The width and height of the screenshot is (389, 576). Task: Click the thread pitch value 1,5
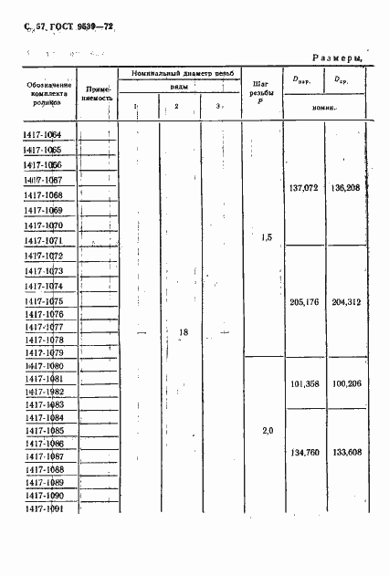pyautogui.click(x=266, y=238)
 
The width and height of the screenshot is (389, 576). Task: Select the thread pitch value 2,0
pyautogui.click(x=266, y=431)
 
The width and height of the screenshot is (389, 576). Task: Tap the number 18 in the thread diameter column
pyautogui.click(x=183, y=333)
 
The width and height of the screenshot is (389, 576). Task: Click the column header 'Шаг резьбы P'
pyautogui.click(x=258, y=90)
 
